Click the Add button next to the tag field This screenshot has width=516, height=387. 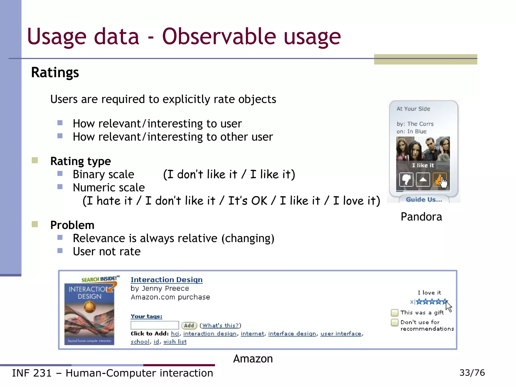(189, 326)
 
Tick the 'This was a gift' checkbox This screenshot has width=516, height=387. (395, 313)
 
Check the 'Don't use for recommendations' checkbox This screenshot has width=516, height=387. (395, 322)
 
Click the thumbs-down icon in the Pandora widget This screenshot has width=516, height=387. (406, 180)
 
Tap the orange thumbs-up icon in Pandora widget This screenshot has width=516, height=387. (439, 180)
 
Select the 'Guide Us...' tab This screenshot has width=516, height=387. (424, 200)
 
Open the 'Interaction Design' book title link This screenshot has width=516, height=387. (167, 280)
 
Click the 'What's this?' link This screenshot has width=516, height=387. (220, 326)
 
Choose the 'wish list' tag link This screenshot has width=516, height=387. (175, 342)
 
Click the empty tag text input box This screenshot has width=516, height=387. (154, 325)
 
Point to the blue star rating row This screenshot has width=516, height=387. (431, 302)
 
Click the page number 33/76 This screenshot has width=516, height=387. (472, 373)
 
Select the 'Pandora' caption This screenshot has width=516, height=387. (421, 217)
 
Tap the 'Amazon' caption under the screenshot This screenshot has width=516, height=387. (253, 359)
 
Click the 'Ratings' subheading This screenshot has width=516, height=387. (55, 73)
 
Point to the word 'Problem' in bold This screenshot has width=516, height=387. (72, 225)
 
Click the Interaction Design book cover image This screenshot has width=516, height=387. (89, 314)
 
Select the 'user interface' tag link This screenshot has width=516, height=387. (341, 334)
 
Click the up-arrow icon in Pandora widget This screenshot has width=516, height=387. (423, 180)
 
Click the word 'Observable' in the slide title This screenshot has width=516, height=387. (219, 37)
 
